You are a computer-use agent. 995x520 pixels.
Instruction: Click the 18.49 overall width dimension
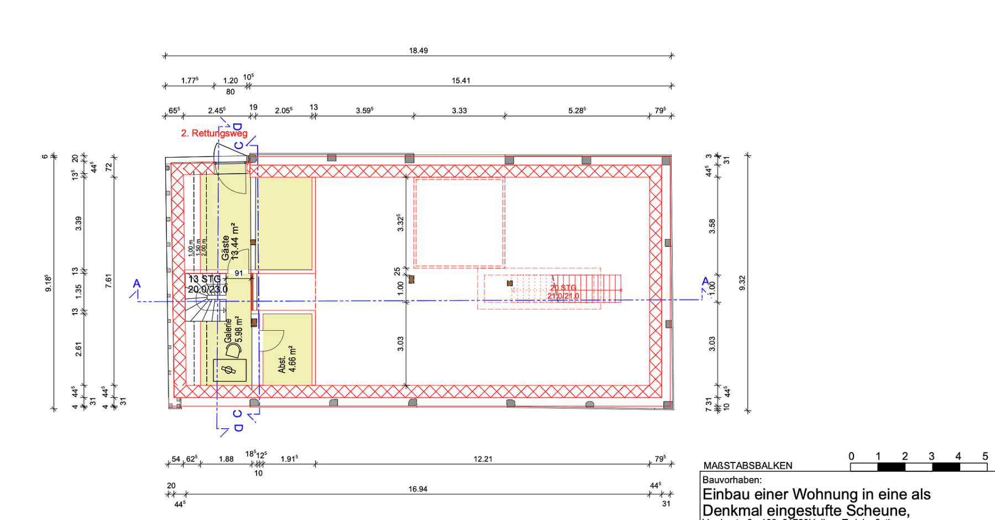tap(418, 50)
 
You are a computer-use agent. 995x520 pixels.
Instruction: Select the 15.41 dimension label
tap(460, 81)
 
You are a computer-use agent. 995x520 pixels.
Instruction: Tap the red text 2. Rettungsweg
tap(214, 133)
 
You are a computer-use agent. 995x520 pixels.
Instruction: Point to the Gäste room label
tap(226, 248)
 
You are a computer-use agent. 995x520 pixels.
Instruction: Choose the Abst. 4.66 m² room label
tap(287, 360)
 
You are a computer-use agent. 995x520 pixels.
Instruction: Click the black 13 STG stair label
tap(205, 279)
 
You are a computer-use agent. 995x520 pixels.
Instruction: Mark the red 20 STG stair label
tap(563, 288)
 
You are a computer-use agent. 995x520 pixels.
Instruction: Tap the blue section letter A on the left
tap(137, 284)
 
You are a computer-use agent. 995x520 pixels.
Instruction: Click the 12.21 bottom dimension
tap(483, 459)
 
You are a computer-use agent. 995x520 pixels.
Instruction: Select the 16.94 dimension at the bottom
tap(418, 489)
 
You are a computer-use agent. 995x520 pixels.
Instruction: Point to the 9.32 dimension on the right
tap(742, 283)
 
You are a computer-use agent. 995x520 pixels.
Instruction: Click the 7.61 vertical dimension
tap(108, 281)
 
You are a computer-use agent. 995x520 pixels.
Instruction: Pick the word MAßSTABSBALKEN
tap(747, 466)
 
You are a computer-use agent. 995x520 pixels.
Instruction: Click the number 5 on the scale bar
tap(984, 456)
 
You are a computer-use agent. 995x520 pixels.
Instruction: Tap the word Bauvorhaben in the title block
tap(731, 480)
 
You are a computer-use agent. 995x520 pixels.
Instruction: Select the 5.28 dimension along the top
tap(577, 111)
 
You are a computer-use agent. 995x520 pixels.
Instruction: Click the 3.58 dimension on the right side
tap(712, 226)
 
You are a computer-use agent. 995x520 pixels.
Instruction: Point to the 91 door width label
tap(239, 273)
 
